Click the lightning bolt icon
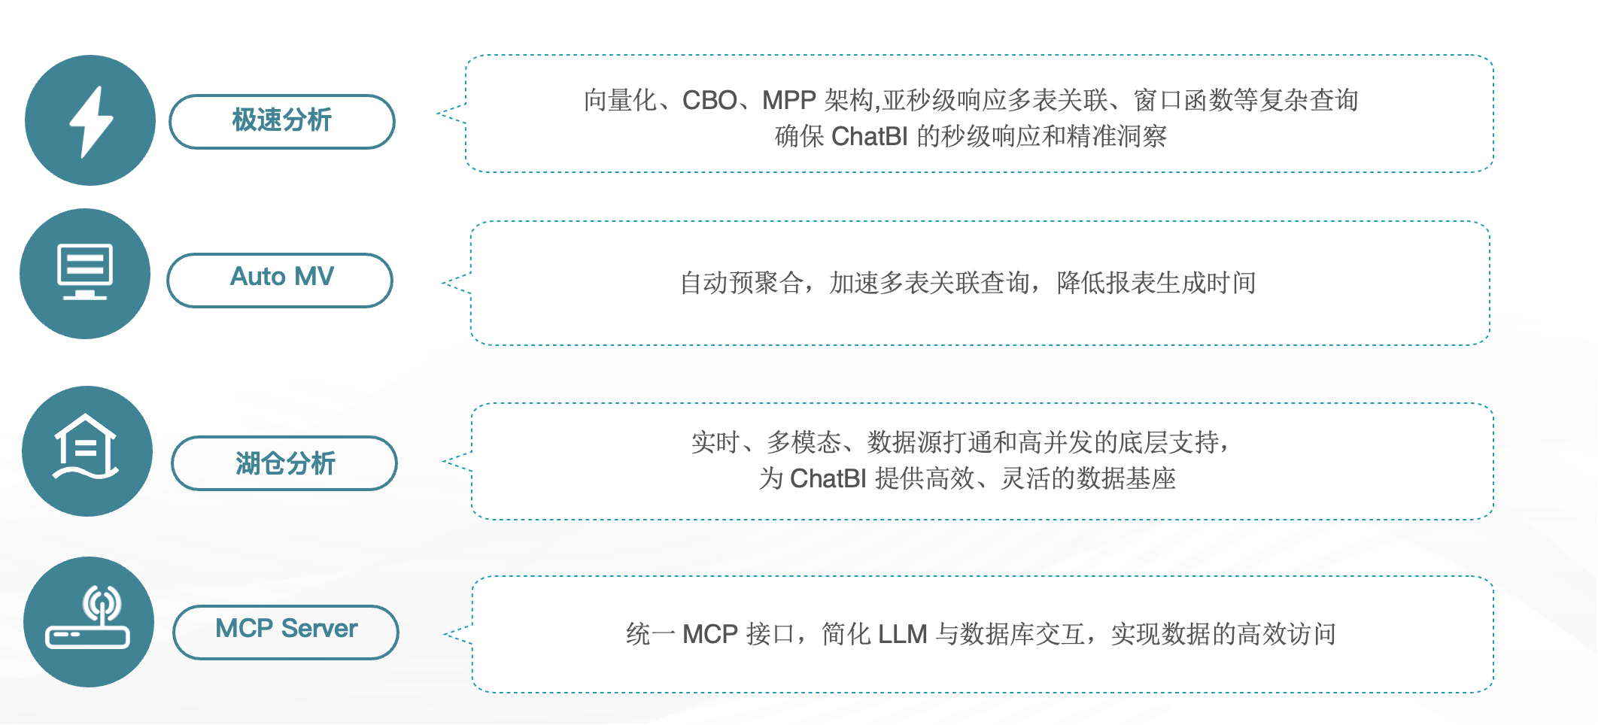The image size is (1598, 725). click(90, 121)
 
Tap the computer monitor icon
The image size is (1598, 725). click(85, 272)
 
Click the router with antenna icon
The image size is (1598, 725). click(88, 617)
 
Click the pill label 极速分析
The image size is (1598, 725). click(282, 121)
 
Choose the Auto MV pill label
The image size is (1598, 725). click(280, 280)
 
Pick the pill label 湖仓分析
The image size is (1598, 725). click(284, 463)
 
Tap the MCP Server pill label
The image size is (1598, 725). click(286, 632)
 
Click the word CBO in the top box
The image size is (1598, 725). click(709, 100)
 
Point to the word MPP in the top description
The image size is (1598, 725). click(789, 100)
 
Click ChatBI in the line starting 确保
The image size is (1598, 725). click(870, 136)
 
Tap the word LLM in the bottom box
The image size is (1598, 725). click(902, 634)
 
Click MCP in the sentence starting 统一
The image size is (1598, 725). click(710, 634)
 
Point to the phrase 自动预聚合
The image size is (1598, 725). click(741, 283)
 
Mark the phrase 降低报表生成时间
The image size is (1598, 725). click(1156, 283)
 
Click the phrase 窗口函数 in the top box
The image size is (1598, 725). click(1183, 100)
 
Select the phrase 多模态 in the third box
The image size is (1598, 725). click(804, 442)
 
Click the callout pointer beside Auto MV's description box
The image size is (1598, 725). click(456, 284)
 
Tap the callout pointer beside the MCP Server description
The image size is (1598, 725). click(457, 634)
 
